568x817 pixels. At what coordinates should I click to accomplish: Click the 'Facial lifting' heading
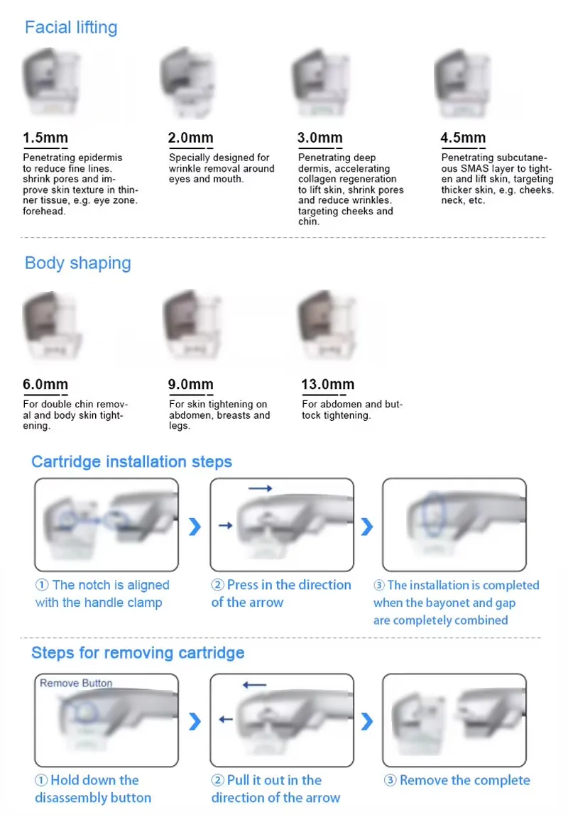71,28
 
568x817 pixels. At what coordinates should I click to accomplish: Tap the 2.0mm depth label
190,138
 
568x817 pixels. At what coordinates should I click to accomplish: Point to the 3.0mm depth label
319,138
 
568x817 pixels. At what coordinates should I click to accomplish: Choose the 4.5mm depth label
463,138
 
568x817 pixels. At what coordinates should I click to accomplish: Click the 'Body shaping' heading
78,263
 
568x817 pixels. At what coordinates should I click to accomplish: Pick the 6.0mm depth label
45,385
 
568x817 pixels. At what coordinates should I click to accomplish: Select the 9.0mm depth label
190,385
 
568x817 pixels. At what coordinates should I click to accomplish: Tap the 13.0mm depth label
327,385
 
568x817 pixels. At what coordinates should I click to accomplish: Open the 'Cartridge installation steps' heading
131,462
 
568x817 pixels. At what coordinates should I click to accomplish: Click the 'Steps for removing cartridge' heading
138,653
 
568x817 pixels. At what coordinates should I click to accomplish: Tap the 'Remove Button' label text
76,683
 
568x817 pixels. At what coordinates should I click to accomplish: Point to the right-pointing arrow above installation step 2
260,488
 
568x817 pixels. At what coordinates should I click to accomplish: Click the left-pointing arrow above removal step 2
254,685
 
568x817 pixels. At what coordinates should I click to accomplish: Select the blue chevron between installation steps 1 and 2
195,527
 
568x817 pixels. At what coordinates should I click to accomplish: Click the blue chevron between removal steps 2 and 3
366,722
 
